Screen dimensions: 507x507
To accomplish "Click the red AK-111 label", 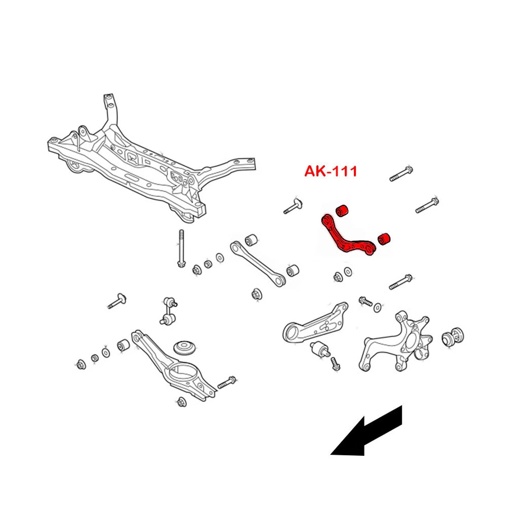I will pos(331,171).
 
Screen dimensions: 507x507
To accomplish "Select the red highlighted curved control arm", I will pos(346,237).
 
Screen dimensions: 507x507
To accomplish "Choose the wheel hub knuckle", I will pos(396,343).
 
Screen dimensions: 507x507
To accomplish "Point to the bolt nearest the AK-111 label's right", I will pos(401,174).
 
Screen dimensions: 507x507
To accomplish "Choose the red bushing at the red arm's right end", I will pos(384,239).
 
